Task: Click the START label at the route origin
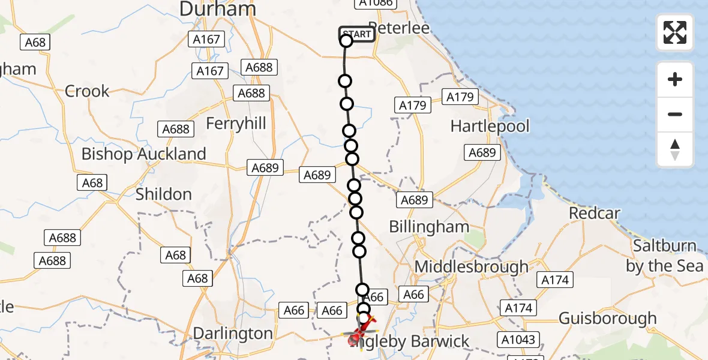357,34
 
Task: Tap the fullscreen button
675,32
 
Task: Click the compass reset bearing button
675,149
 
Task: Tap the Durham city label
218,9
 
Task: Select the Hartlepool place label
490,127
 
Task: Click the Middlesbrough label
472,266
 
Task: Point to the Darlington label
233,334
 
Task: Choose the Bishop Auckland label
143,154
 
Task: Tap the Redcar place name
595,213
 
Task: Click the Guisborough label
608,319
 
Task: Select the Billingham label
429,227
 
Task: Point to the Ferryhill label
236,124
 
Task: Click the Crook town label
87,91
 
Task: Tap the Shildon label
164,194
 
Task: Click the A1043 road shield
518,340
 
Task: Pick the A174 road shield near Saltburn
556,280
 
